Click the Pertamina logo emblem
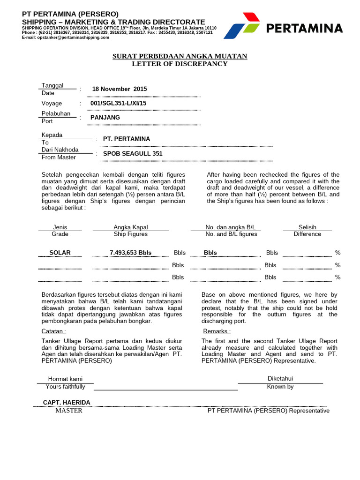(x=242, y=26)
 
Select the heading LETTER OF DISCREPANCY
(x=180, y=64)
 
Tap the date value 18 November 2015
(x=120, y=89)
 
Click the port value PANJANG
(x=105, y=118)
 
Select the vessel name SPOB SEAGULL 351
(x=133, y=154)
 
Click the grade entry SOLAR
(x=60, y=253)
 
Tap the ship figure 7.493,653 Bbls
(x=130, y=253)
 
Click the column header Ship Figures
(x=130, y=234)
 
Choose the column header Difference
(x=307, y=234)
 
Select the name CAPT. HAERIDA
(x=67, y=403)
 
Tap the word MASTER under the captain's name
(x=69, y=411)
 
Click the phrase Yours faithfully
(x=66, y=387)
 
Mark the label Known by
(x=280, y=387)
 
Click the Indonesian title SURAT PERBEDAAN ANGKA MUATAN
(x=180, y=56)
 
